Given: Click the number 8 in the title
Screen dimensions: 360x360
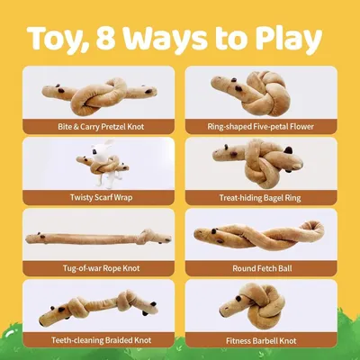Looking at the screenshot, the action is [x=106, y=39].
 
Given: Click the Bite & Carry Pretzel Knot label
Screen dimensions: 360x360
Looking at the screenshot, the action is [x=101, y=127].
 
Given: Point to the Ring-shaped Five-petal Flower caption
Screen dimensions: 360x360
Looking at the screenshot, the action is [x=260, y=127].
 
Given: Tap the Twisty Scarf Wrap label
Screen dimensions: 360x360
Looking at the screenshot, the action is [x=101, y=197].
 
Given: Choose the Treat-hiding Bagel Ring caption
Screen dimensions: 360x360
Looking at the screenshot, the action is [x=260, y=198].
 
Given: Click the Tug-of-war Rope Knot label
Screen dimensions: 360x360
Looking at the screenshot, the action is [x=101, y=268].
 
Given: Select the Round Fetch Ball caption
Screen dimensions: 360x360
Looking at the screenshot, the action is [x=262, y=268].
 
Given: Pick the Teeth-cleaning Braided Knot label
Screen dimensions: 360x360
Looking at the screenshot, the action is [x=101, y=340].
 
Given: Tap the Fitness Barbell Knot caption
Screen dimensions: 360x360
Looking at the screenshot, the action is [x=261, y=341].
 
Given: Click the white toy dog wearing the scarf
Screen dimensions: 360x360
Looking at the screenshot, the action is [x=102, y=164].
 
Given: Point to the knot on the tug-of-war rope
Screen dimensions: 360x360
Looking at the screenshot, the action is [x=147, y=236].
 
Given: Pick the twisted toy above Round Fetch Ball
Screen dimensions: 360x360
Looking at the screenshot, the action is [x=258, y=236].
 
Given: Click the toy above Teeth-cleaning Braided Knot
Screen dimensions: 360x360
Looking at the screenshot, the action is [x=98, y=306].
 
